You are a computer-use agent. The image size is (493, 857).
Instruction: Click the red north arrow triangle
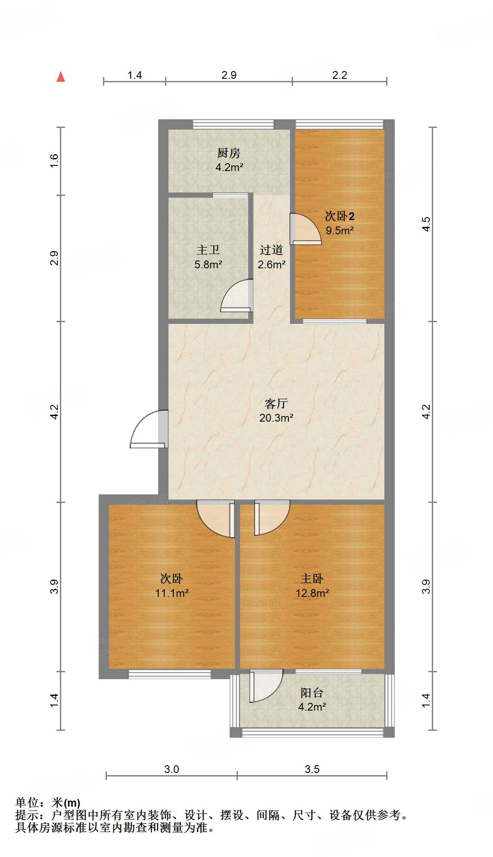pyautogui.click(x=61, y=77)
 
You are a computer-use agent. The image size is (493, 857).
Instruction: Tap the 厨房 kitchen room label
pyautogui.click(x=229, y=153)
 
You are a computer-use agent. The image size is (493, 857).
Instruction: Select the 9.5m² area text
pyautogui.click(x=340, y=230)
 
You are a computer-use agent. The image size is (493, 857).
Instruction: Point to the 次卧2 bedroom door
pyautogui.click(x=305, y=230)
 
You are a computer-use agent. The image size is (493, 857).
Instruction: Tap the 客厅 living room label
pyautogui.click(x=276, y=404)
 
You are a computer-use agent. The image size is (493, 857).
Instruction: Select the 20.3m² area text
pyautogui.click(x=276, y=418)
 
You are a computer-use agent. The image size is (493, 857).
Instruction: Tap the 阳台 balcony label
pyautogui.click(x=312, y=693)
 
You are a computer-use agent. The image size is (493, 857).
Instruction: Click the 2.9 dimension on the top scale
pyautogui.click(x=229, y=75)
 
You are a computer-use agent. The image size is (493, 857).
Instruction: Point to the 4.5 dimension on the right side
pyautogui.click(x=426, y=224)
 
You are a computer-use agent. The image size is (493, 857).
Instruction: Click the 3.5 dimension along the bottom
pyautogui.click(x=312, y=769)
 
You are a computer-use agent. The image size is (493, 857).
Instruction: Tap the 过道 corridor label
pyautogui.click(x=271, y=250)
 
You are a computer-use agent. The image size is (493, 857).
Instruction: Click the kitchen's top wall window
pyautogui.click(x=233, y=124)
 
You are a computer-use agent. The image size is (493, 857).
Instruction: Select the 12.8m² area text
pyautogui.click(x=312, y=593)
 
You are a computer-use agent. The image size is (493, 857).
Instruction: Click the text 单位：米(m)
pyautogui.click(x=48, y=802)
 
